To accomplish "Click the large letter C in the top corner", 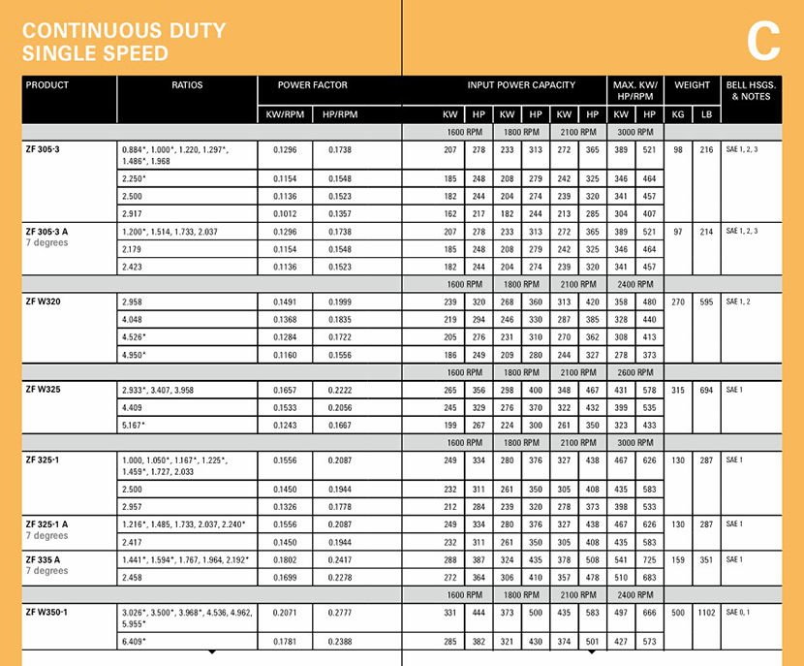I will point(763,41).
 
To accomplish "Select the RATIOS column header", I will point(187,85).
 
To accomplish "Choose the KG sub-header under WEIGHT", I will point(678,114).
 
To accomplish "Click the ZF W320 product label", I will point(45,301).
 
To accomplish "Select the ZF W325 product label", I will point(45,390).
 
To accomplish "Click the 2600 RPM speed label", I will point(634,372).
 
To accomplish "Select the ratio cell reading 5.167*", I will point(136,425).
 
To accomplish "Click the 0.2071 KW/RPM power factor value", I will point(286,614).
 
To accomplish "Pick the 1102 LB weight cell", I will point(706,614).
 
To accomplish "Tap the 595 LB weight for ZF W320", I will point(706,301).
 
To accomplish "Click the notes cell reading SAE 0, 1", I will point(738,614).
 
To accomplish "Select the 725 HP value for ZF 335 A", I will point(649,559).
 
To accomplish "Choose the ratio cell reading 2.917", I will point(133,213).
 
